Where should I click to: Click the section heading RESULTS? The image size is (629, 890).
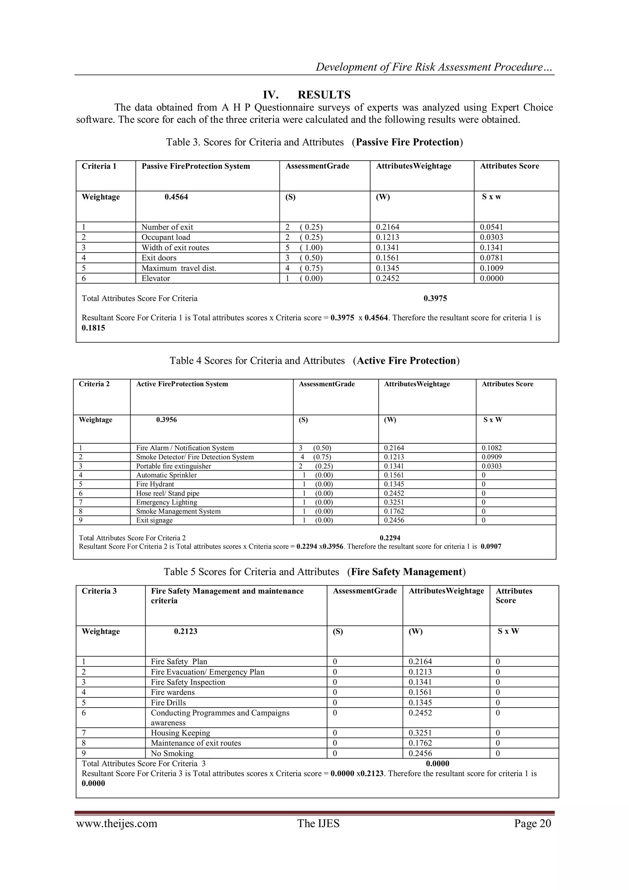click(x=324, y=95)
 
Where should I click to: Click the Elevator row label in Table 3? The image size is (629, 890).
click(x=156, y=278)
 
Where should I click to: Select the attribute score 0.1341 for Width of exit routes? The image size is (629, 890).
click(x=491, y=248)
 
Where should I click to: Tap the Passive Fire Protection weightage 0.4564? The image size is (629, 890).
click(x=176, y=197)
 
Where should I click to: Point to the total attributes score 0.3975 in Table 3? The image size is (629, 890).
click(x=435, y=299)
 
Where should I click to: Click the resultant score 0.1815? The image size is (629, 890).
click(x=93, y=328)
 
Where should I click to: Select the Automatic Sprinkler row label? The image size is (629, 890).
click(x=166, y=475)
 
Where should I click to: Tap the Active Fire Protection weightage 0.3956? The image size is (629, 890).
click(x=167, y=420)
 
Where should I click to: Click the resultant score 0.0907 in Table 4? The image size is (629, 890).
click(x=491, y=547)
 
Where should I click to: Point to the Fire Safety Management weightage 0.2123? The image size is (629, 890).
click(x=186, y=631)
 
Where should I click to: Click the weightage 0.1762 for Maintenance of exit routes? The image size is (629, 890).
click(x=420, y=743)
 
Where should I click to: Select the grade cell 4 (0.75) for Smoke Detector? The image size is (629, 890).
click(x=316, y=457)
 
